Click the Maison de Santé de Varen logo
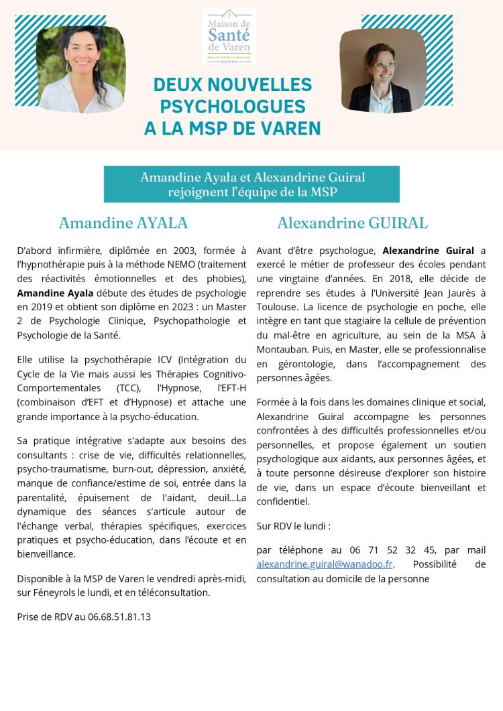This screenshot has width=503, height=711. pos(229,36)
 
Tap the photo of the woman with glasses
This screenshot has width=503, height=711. pos(383,70)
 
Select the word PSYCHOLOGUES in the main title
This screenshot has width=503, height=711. pos(233,107)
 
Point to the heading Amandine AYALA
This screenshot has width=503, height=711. pos(123,223)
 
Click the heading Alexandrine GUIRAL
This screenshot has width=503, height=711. pos(353,223)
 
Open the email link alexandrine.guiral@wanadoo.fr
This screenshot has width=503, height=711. pos(325,564)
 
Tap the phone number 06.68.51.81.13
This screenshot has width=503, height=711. pos(119,617)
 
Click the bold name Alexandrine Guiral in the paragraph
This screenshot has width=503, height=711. pos(428,251)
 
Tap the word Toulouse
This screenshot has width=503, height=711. pos(276,306)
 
